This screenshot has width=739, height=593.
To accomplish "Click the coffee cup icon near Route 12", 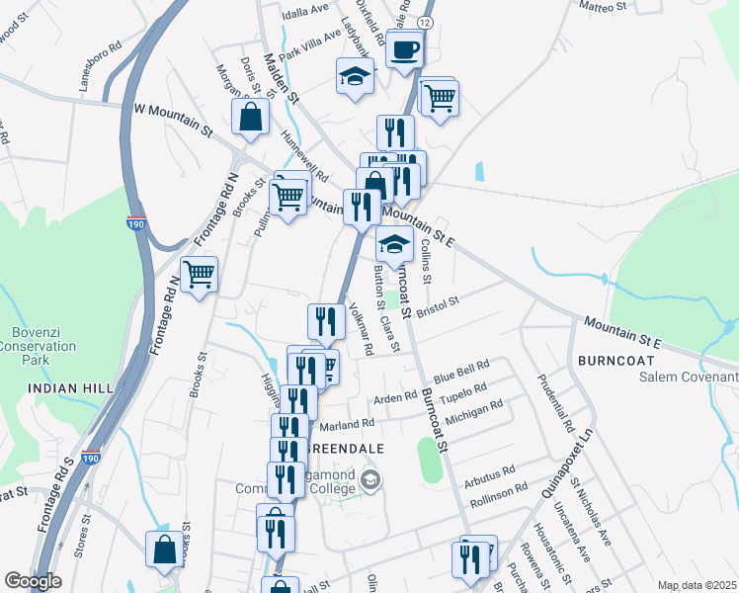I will click(x=404, y=50).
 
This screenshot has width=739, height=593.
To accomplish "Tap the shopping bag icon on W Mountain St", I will click(x=251, y=117).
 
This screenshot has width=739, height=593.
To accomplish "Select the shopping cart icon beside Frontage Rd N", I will click(x=200, y=274).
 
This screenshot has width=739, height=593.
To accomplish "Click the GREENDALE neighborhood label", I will click(x=351, y=448).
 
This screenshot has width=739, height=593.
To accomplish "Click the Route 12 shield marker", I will click(x=425, y=22).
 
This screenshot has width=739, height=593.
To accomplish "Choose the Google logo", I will click(x=33, y=581).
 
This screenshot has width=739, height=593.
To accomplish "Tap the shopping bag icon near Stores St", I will click(x=163, y=550).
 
